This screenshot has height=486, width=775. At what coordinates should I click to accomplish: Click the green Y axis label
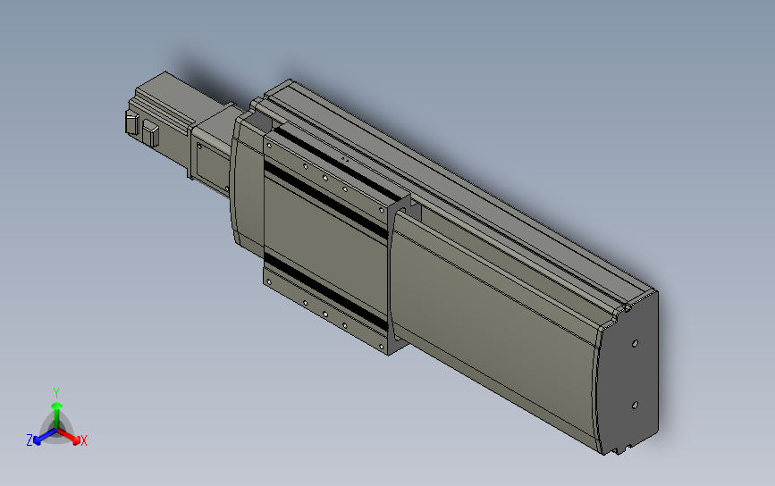click(x=55, y=392)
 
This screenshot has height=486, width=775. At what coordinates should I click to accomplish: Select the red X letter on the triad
click(x=83, y=440)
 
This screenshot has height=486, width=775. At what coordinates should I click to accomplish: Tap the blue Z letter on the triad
click(x=29, y=440)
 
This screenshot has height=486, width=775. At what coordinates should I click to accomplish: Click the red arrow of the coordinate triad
click(x=72, y=437)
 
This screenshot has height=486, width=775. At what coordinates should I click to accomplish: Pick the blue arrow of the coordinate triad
click(x=40, y=437)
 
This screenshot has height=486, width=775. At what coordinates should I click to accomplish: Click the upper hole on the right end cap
click(x=635, y=342)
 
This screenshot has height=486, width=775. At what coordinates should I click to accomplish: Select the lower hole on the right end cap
click(x=634, y=405)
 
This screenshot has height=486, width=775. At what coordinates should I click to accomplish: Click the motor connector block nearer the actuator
click(x=150, y=135)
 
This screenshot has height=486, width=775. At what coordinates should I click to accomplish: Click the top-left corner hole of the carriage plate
click(x=269, y=142)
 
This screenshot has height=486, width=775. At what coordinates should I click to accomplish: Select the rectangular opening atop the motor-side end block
click(x=260, y=119)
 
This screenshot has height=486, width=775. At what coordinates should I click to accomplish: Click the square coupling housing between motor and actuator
click(x=213, y=143)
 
